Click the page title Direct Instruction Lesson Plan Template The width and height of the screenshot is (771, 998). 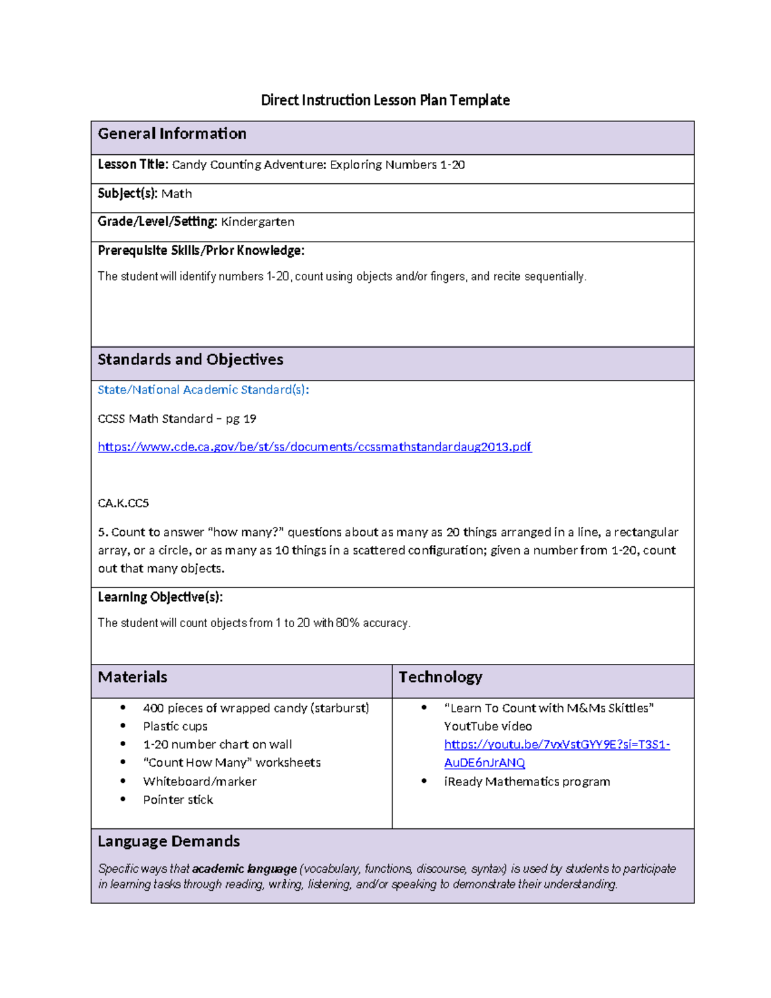coord(385,100)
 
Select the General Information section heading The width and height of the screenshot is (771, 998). coord(172,134)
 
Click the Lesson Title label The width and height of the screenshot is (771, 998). coord(132,165)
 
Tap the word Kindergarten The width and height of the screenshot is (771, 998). coord(258,222)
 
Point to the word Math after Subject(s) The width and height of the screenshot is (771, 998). coord(176,193)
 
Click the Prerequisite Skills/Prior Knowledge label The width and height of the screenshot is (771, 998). coord(200,251)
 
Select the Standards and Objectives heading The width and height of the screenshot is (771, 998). coord(190,359)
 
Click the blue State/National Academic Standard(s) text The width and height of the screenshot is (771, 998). coord(203,389)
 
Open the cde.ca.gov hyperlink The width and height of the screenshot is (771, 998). coord(314,447)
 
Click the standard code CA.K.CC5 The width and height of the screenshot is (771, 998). coord(123,503)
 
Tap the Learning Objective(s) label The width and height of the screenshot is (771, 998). coord(160,597)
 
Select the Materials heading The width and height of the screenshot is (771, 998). coord(132,677)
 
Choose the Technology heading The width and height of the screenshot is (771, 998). coord(440,677)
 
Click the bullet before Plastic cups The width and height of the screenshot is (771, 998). coord(123,726)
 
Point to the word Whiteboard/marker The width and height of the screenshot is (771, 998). coord(199,781)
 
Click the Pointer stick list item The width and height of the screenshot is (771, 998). coord(178,799)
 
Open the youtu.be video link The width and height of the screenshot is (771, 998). coord(556,744)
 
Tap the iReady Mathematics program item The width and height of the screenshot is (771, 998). coord(526,781)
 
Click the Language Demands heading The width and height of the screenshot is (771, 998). coord(169,841)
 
